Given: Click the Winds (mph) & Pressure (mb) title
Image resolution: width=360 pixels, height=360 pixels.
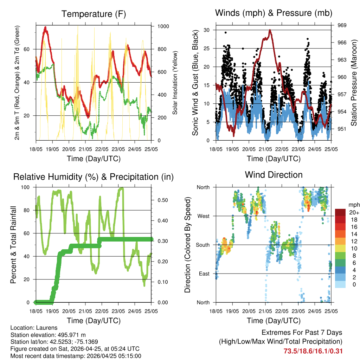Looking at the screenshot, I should pos(274,13).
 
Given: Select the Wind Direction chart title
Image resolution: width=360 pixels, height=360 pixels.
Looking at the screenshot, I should pos(274,174).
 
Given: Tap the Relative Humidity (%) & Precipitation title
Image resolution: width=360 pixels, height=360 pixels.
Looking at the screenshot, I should pos(93,177).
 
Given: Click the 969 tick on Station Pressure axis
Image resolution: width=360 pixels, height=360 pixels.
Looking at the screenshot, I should pos(342,25).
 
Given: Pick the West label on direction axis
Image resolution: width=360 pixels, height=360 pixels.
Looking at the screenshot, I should pos(203,216).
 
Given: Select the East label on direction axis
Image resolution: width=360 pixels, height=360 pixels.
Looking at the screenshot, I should pos(204,274).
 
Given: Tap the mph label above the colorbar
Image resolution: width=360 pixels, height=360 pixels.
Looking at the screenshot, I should pos(353,205).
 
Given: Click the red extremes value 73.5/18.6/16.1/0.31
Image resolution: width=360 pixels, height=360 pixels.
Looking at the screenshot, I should pos(313,351).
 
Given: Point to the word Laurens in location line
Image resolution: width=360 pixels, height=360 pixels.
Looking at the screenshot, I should pos(47,328).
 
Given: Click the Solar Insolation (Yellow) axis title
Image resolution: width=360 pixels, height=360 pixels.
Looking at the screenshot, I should pos(175,83).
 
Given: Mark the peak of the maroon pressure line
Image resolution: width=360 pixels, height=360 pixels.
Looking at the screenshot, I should pos(270,30).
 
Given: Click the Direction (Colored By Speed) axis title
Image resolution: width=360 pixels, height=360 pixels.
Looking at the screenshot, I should pos(187,245).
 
